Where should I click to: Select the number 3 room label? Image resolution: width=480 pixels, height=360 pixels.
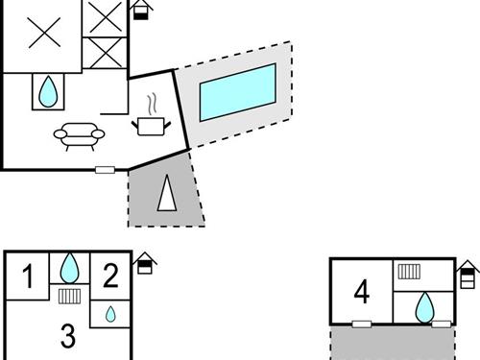pos(67,336)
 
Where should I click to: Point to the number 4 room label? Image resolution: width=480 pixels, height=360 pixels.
pos(362,291)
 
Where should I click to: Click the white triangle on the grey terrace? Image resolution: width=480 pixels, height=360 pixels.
pos(168,197)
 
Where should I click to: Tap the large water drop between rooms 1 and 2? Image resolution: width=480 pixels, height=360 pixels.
pos(70,267)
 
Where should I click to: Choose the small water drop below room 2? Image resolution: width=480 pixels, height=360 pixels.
pos(110,314)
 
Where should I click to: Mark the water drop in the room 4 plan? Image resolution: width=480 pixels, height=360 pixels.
pos(422,308)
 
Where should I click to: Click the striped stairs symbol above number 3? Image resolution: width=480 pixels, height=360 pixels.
pos(68,296)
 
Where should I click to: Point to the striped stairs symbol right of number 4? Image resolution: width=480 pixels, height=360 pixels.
pos(409,272)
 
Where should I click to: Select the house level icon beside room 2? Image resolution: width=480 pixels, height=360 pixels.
pos(144,263)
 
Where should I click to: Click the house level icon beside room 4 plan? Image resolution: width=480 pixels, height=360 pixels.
pos(468,274)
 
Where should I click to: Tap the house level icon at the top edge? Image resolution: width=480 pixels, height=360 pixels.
pos(141,10)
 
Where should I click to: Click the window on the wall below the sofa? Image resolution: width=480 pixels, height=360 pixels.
pos(105,170)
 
